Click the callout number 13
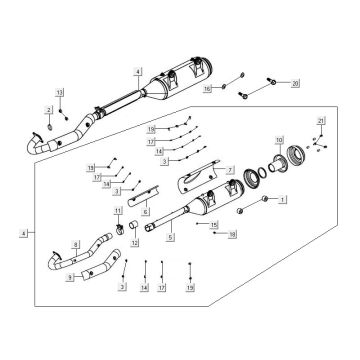coord(59,92)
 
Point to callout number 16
coord(208,89)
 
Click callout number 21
coord(321,121)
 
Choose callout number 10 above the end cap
coord(279,138)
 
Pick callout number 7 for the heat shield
coord(230,170)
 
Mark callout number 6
coord(146,212)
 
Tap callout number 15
coord(214,226)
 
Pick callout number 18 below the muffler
coord(233,234)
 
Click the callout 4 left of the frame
coord(21,232)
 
